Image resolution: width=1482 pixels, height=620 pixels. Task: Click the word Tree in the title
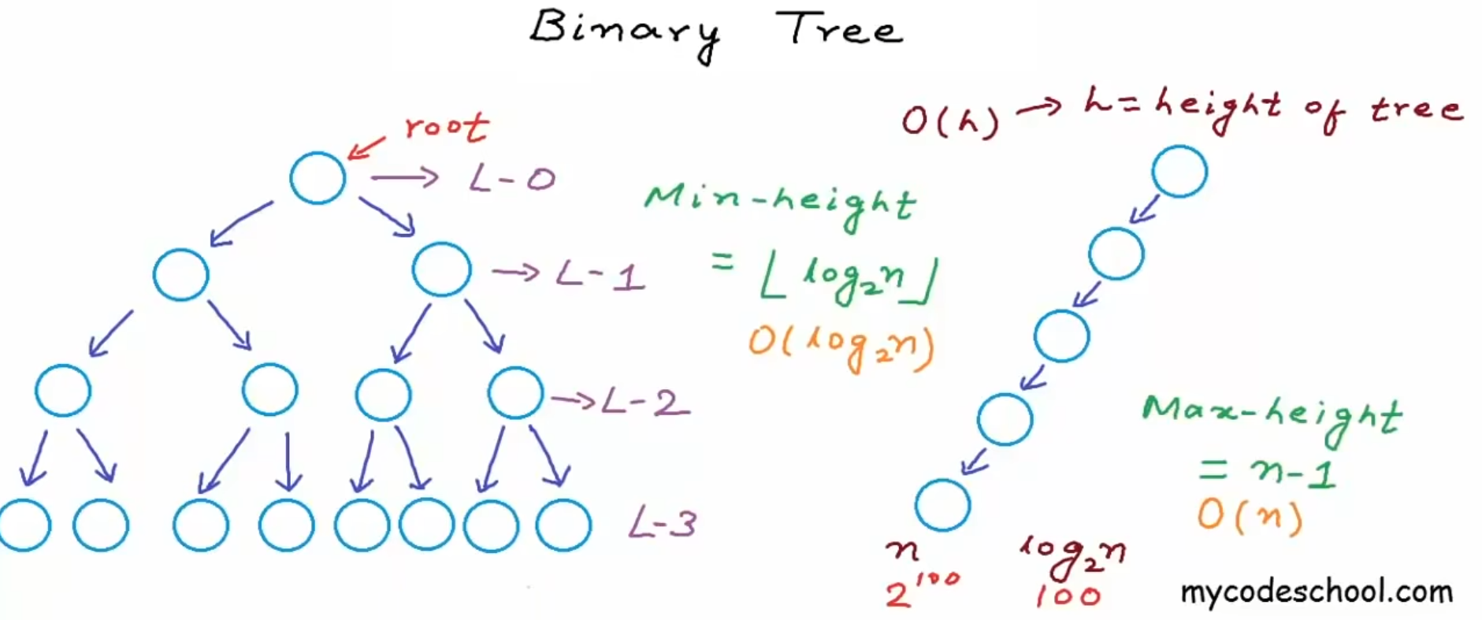click(838, 30)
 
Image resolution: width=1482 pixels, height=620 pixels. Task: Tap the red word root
click(446, 127)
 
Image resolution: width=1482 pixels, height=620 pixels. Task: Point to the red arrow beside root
click(366, 147)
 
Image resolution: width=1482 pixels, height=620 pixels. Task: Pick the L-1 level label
click(600, 276)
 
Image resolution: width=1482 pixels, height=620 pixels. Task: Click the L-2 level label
click(645, 403)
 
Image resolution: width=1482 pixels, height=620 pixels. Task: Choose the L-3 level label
click(663, 524)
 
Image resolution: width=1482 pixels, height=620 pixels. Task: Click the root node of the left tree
click(318, 178)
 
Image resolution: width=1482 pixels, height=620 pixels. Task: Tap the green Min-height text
click(779, 203)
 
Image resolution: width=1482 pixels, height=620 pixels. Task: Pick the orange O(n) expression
click(1250, 516)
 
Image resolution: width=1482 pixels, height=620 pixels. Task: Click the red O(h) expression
click(950, 121)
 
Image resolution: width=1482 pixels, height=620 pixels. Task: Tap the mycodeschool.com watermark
click(1316, 592)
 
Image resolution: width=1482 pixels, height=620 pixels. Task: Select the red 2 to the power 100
click(922, 590)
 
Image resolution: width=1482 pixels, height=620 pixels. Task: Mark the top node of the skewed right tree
click(1179, 171)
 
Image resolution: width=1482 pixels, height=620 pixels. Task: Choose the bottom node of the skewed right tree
click(942, 505)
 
